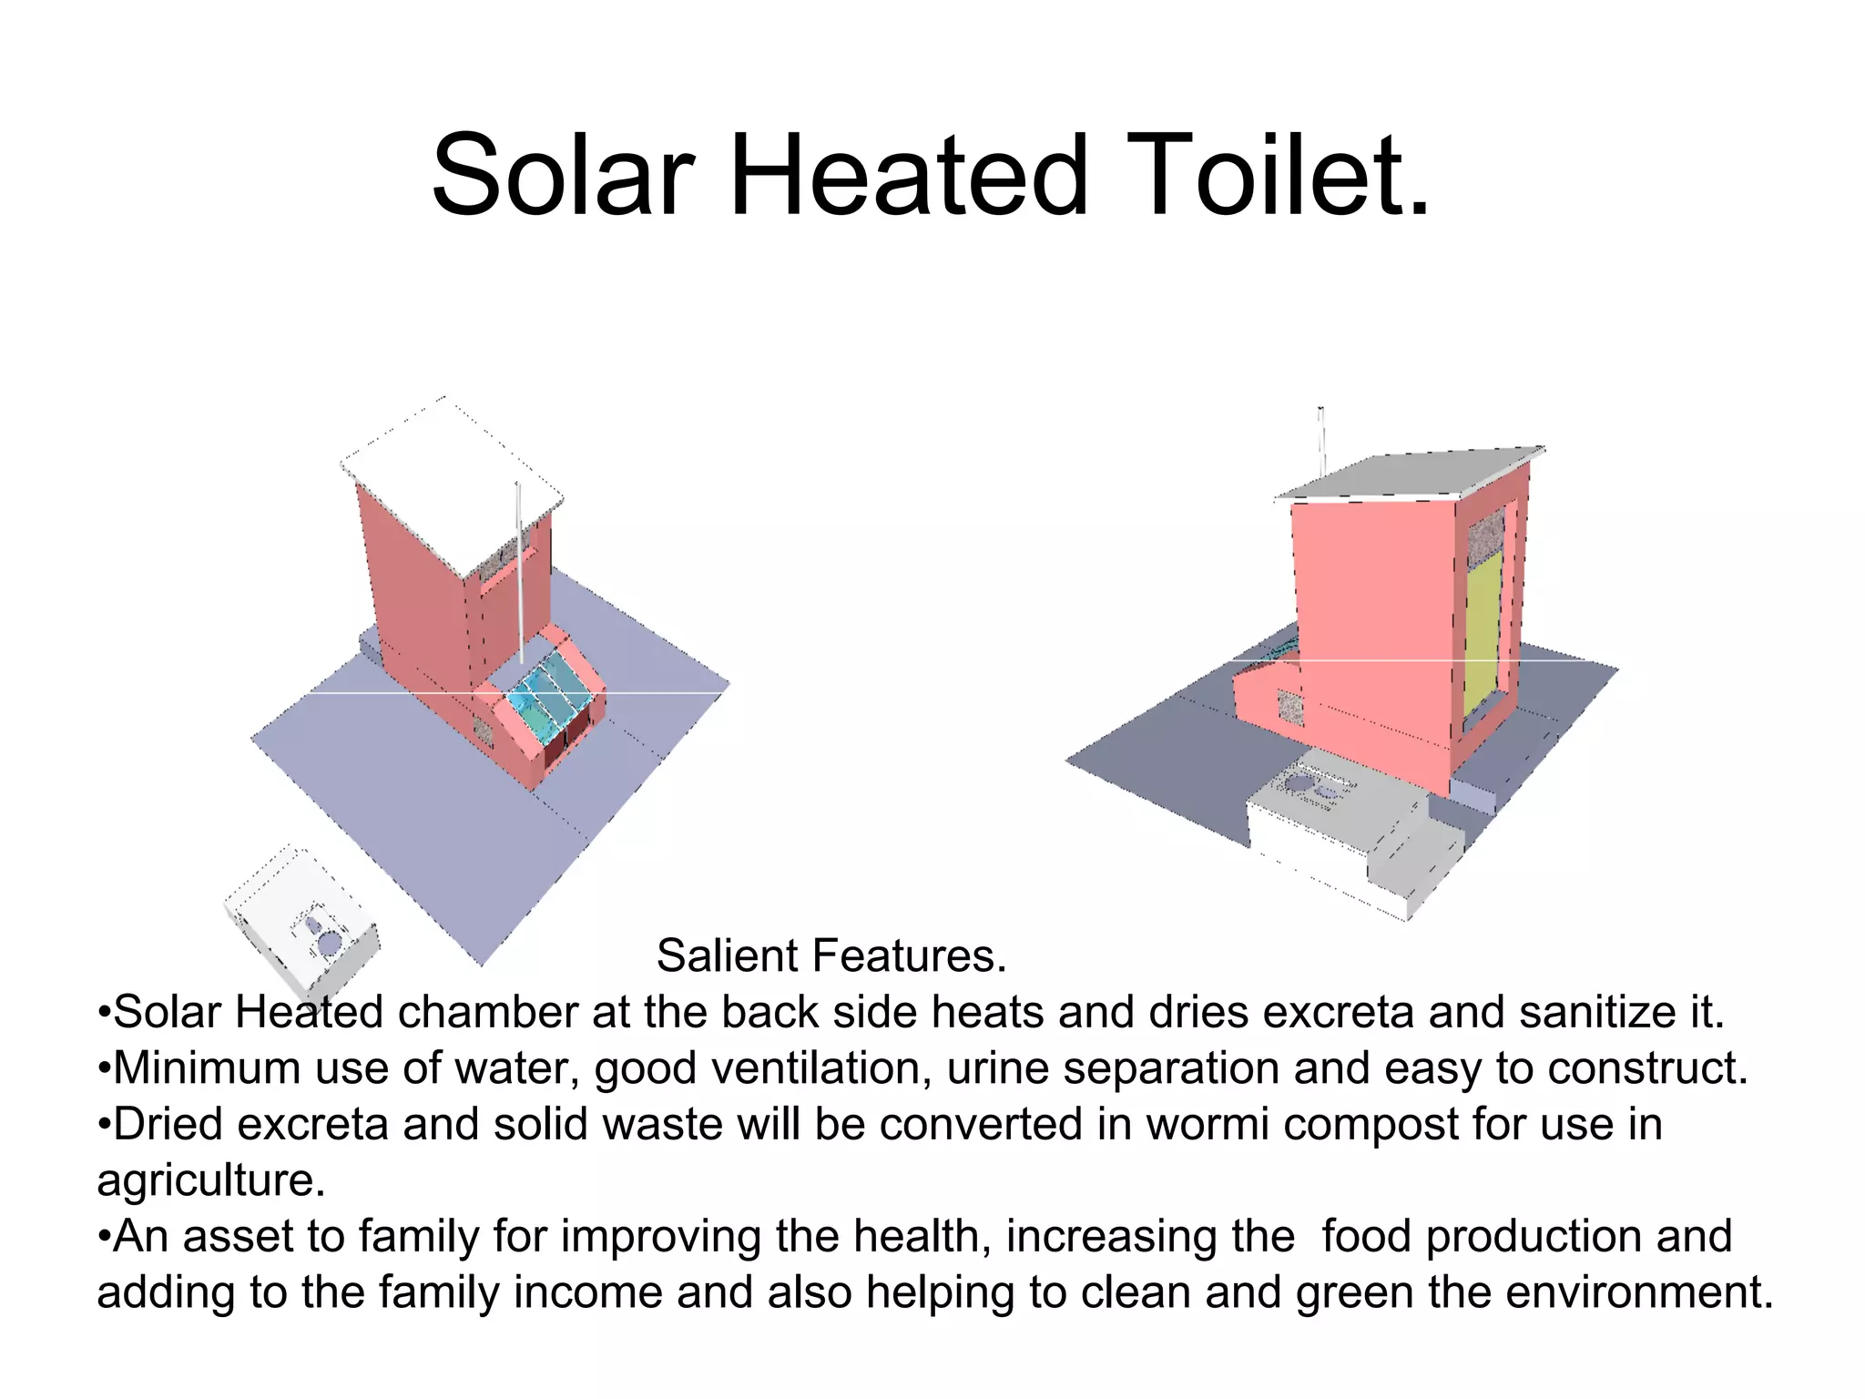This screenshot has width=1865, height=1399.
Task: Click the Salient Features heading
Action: [831, 955]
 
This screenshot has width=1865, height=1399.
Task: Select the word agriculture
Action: [210, 1180]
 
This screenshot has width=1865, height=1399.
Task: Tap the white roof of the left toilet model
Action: [453, 483]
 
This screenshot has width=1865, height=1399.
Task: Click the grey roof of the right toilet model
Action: [1411, 475]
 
